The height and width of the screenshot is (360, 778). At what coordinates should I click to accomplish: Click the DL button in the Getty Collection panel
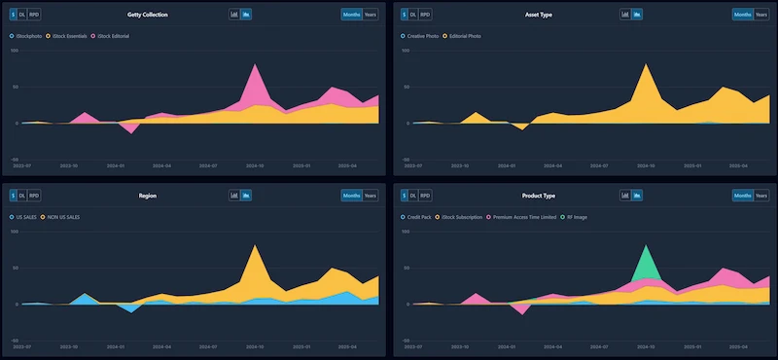pyautogui.click(x=21, y=15)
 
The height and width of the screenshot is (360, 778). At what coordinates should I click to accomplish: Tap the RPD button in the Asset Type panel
pyautogui.click(x=426, y=15)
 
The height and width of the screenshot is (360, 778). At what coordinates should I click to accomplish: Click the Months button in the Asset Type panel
pyautogui.click(x=742, y=15)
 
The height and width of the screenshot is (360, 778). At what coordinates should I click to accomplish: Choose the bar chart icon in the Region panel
pyautogui.click(x=234, y=195)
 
